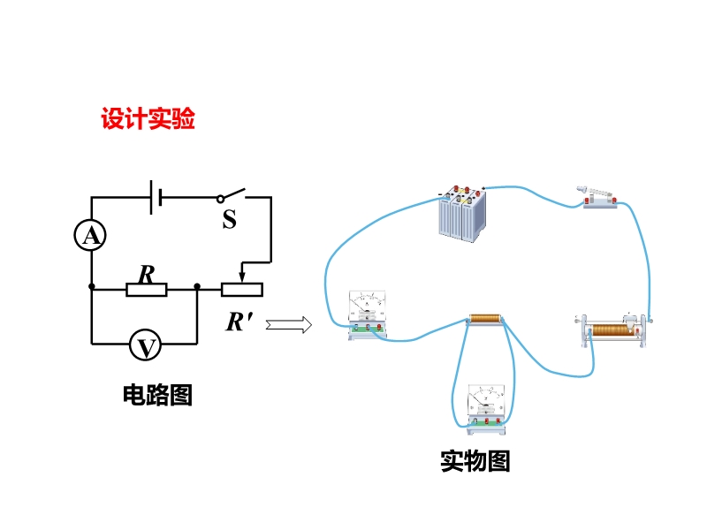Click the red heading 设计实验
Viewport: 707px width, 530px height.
click(148, 119)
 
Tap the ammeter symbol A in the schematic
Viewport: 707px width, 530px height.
click(90, 234)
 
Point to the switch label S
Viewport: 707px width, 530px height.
click(229, 219)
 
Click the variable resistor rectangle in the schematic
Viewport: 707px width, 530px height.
click(242, 288)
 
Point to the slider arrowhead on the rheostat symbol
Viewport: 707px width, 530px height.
click(242, 276)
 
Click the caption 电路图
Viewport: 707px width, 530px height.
click(157, 394)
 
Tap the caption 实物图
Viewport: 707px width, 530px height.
click(475, 460)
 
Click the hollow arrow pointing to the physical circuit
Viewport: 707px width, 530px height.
click(289, 325)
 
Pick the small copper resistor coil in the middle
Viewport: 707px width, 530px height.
click(484, 320)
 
